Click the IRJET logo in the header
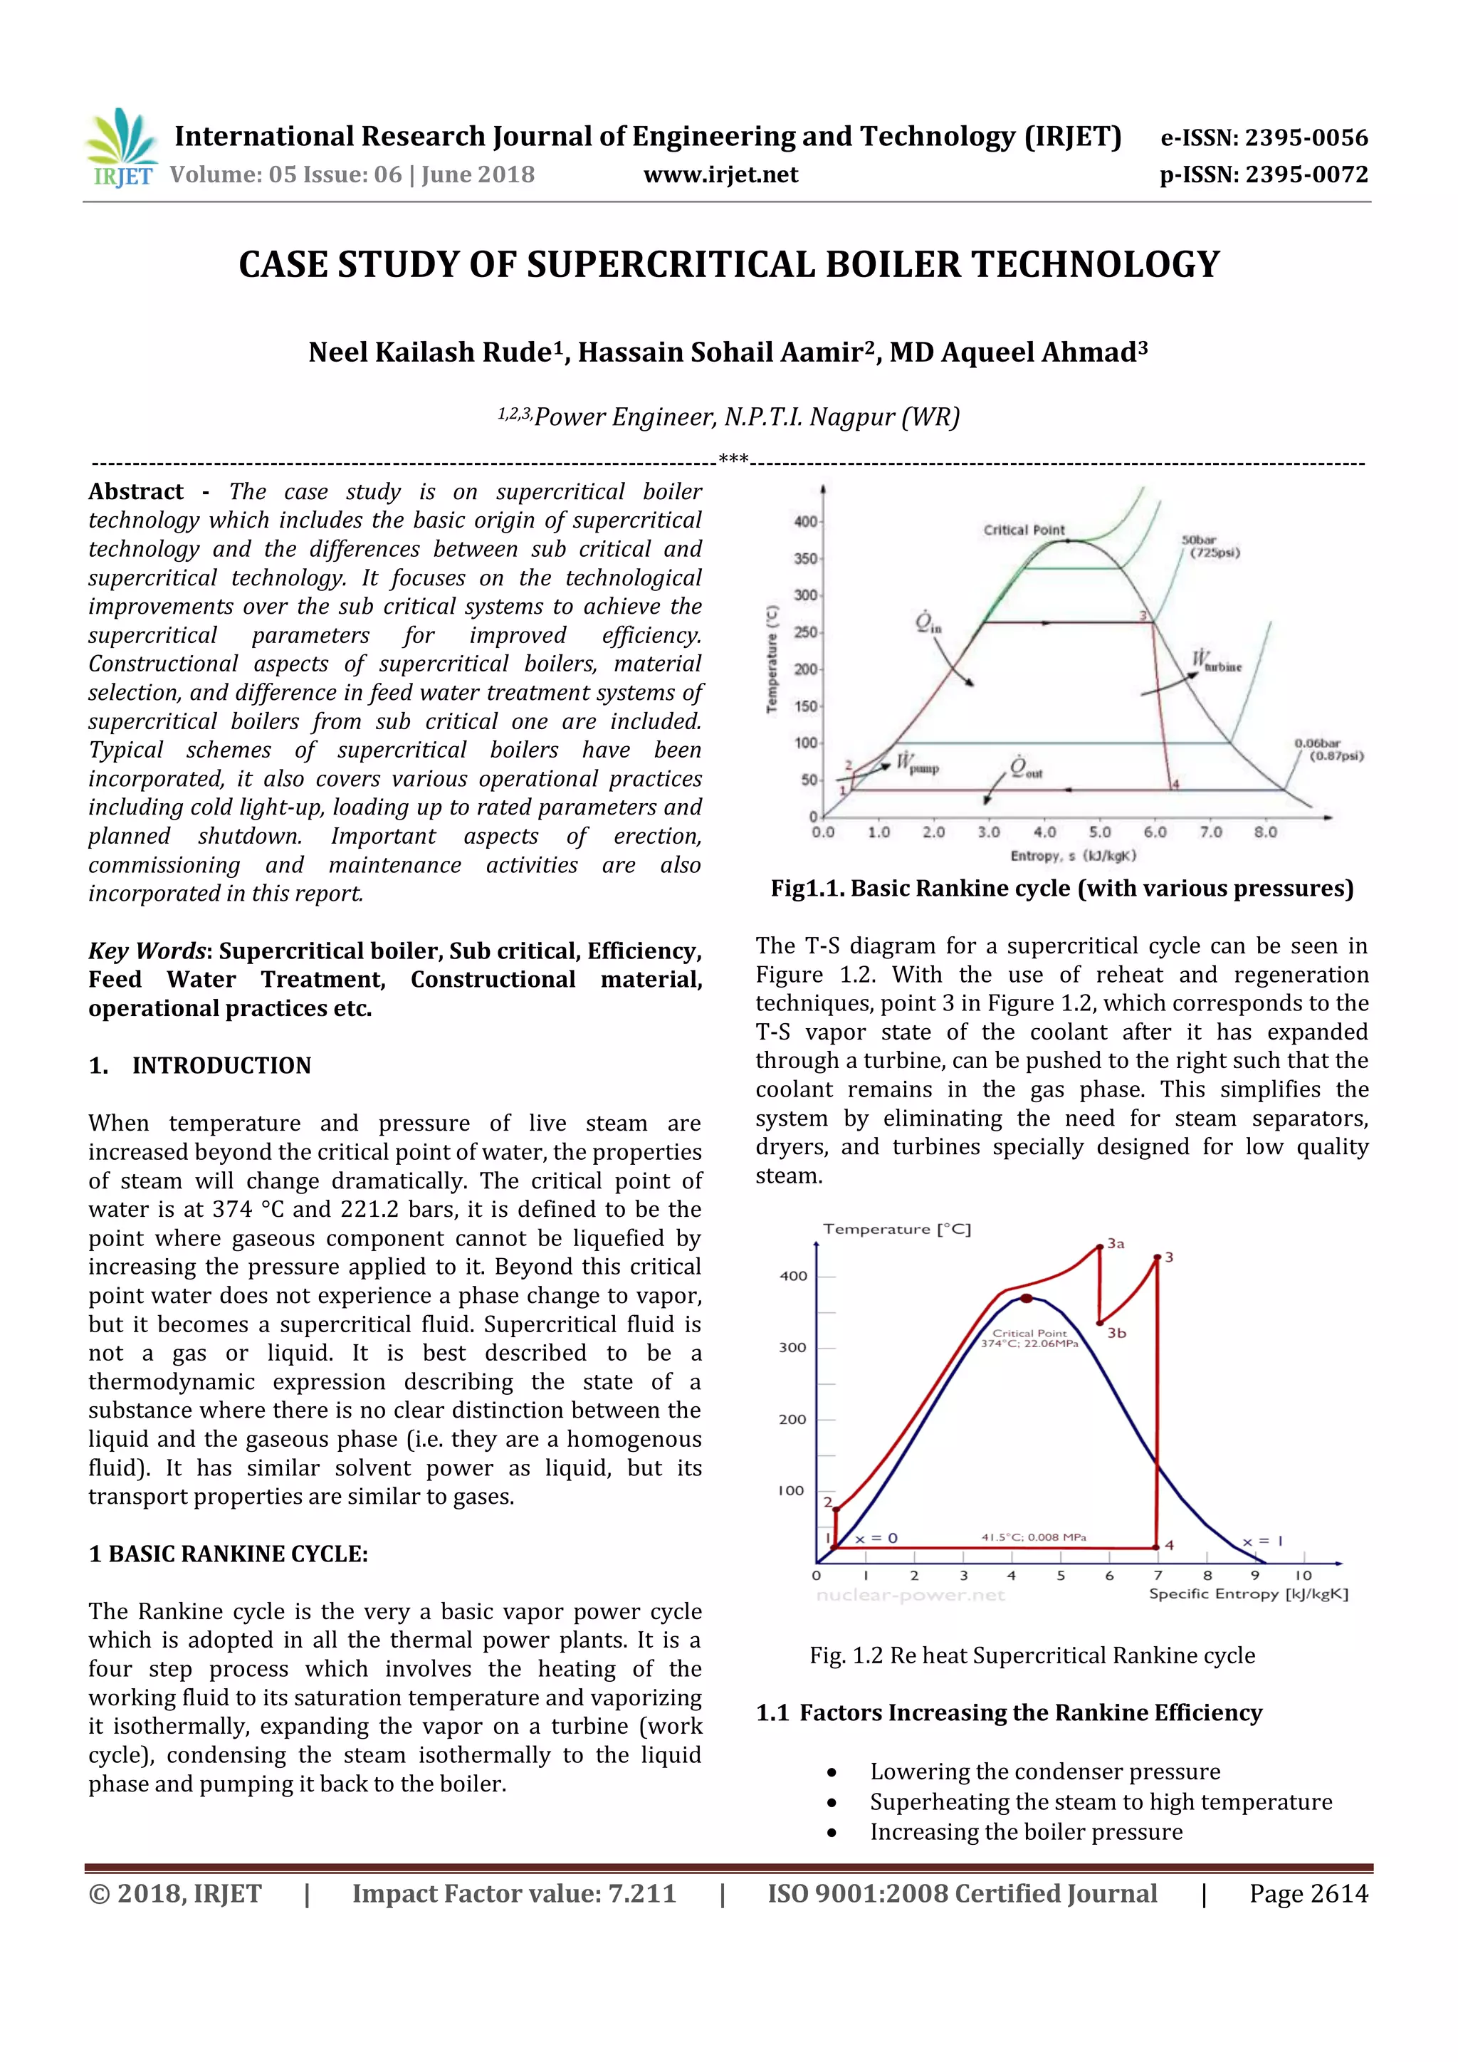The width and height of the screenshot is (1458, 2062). (121, 148)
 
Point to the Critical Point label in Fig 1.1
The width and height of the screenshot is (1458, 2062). (1024, 530)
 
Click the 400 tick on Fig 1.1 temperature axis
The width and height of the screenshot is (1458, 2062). (805, 521)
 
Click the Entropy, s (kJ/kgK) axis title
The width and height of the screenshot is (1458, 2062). (1073, 856)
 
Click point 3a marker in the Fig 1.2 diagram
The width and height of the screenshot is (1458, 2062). (1100, 1247)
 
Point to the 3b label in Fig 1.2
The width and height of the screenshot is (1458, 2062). (1116, 1333)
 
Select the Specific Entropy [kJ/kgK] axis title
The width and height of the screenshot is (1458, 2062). (1248, 1593)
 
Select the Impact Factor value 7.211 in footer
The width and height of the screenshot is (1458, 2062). (513, 1893)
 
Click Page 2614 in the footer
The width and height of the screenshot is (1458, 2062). (1308, 1893)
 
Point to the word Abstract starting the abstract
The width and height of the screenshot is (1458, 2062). (135, 491)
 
